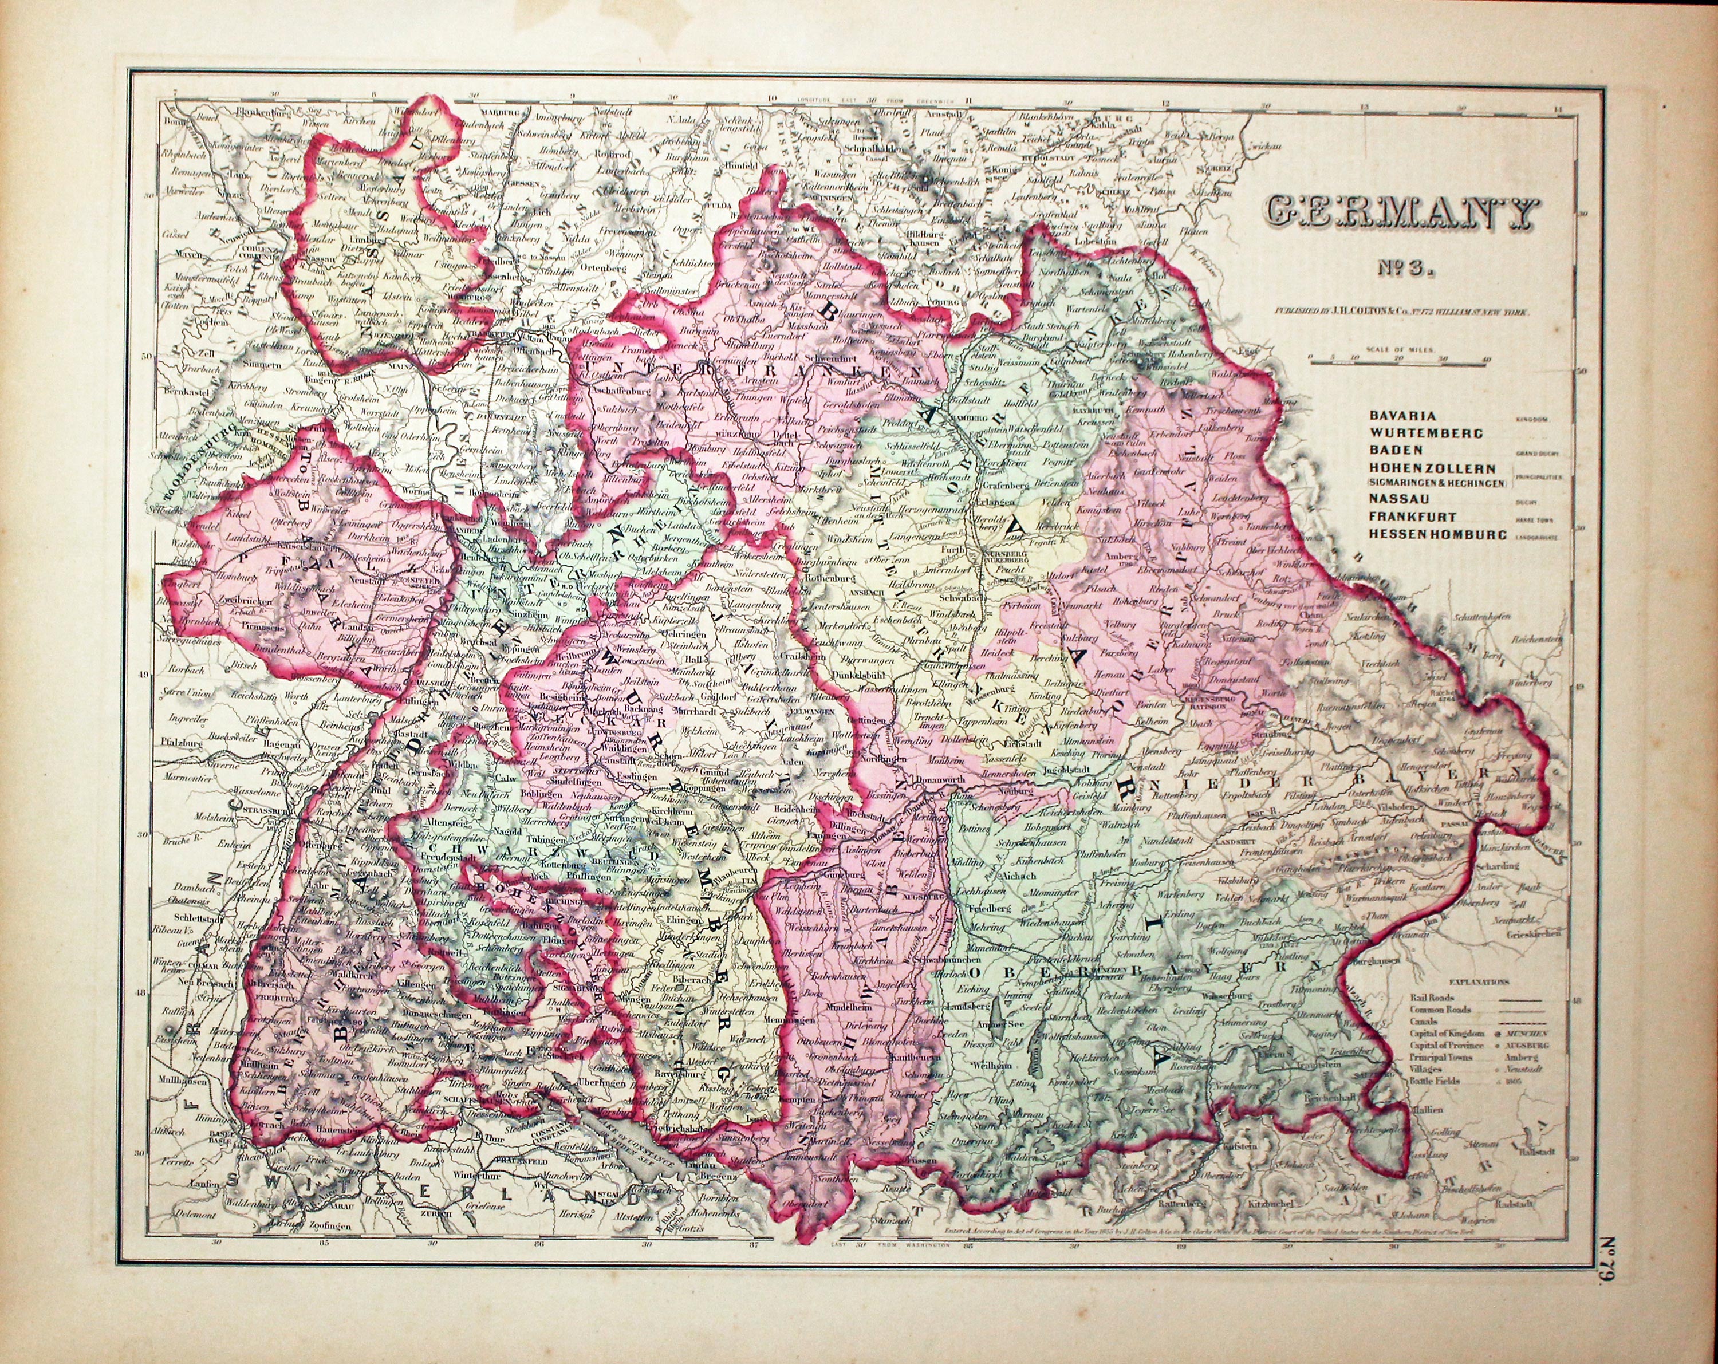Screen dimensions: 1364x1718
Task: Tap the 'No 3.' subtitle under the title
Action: tap(1400, 267)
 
